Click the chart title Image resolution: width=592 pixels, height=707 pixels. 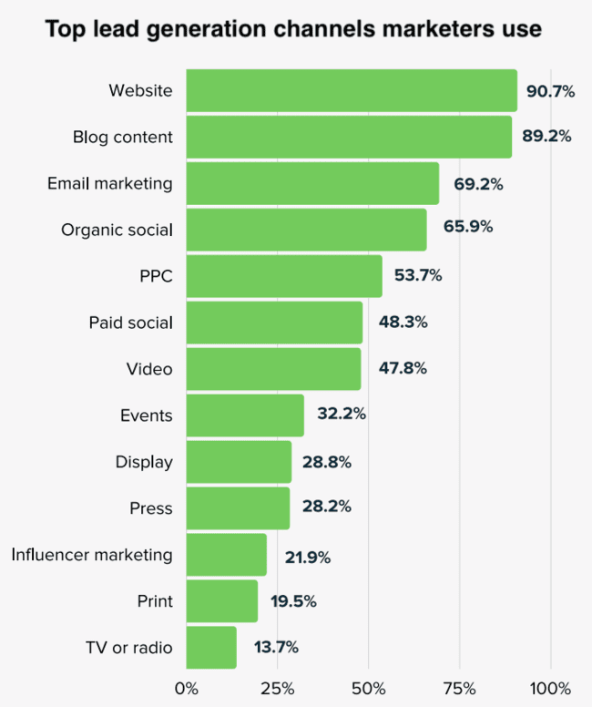coord(293,29)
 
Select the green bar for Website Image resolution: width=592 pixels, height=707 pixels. coord(352,90)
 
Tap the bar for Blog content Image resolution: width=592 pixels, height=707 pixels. coord(349,137)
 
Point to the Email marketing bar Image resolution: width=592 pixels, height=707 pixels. coord(312,183)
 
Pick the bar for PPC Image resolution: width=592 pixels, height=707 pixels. coord(284,276)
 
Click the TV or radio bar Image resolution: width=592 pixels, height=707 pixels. coord(211,648)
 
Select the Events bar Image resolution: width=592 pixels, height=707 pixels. coord(245,415)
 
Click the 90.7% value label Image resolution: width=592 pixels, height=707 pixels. coord(551,90)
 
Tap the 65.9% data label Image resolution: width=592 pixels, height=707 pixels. coord(468,227)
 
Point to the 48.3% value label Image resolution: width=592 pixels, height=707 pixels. coord(403,322)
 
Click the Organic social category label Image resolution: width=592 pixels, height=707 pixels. coord(117,230)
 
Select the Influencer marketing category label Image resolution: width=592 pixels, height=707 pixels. coord(92,554)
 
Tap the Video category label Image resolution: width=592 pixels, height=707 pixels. coord(149,369)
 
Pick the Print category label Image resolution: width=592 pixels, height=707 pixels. coord(155,601)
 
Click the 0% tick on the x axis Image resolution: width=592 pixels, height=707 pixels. coord(186,687)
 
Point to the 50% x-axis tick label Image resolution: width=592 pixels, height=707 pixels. coord(369,687)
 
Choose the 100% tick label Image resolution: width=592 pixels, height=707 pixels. coord(550,687)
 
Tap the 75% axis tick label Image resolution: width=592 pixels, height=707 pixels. coord(460,687)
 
